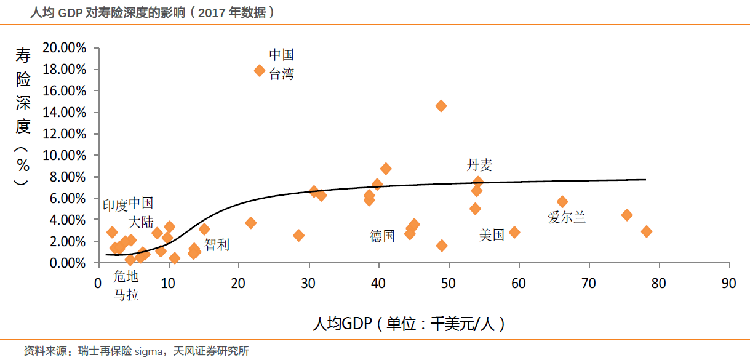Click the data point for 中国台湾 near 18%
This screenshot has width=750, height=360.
[260, 71]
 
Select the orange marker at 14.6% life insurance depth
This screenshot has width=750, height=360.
[441, 106]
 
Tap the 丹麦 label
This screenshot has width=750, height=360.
[479, 165]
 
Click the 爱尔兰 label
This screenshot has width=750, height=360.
[567, 217]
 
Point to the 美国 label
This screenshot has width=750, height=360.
[492, 234]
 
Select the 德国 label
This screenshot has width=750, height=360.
[382, 236]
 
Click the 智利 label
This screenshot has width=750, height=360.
[217, 245]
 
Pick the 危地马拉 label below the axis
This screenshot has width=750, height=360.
[126, 286]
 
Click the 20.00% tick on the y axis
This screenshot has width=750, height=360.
[64, 48]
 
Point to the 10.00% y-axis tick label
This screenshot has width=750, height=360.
[64, 156]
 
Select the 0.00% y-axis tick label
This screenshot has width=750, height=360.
[66, 263]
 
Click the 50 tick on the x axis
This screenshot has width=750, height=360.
[449, 284]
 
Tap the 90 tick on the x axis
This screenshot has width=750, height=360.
[729, 284]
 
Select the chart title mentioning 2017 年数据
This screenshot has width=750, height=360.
[151, 12]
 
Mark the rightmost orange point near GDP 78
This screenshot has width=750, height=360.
[646, 231]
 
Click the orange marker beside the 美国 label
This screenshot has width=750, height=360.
[514, 232]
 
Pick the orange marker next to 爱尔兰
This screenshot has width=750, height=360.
[562, 202]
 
